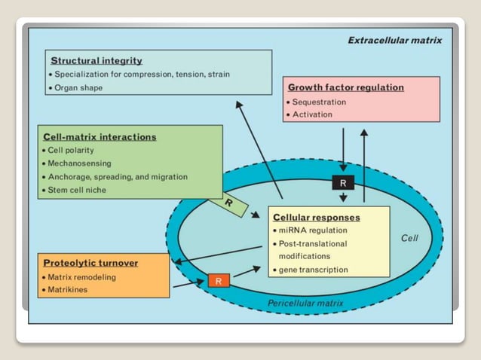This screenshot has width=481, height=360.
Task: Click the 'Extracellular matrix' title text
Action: (x=394, y=40)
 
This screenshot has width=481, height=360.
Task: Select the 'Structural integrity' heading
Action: (x=96, y=60)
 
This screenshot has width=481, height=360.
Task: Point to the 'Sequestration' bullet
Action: (x=319, y=102)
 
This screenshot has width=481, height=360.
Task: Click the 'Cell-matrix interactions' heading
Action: (x=100, y=137)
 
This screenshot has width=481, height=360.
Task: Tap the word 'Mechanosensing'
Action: (x=80, y=163)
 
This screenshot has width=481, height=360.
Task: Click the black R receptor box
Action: (x=343, y=183)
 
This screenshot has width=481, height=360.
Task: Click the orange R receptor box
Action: (x=218, y=282)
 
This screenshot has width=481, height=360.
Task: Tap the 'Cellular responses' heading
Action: (x=317, y=218)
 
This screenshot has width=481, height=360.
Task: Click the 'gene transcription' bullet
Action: (x=314, y=269)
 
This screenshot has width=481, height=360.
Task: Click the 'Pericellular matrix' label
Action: (x=305, y=304)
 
